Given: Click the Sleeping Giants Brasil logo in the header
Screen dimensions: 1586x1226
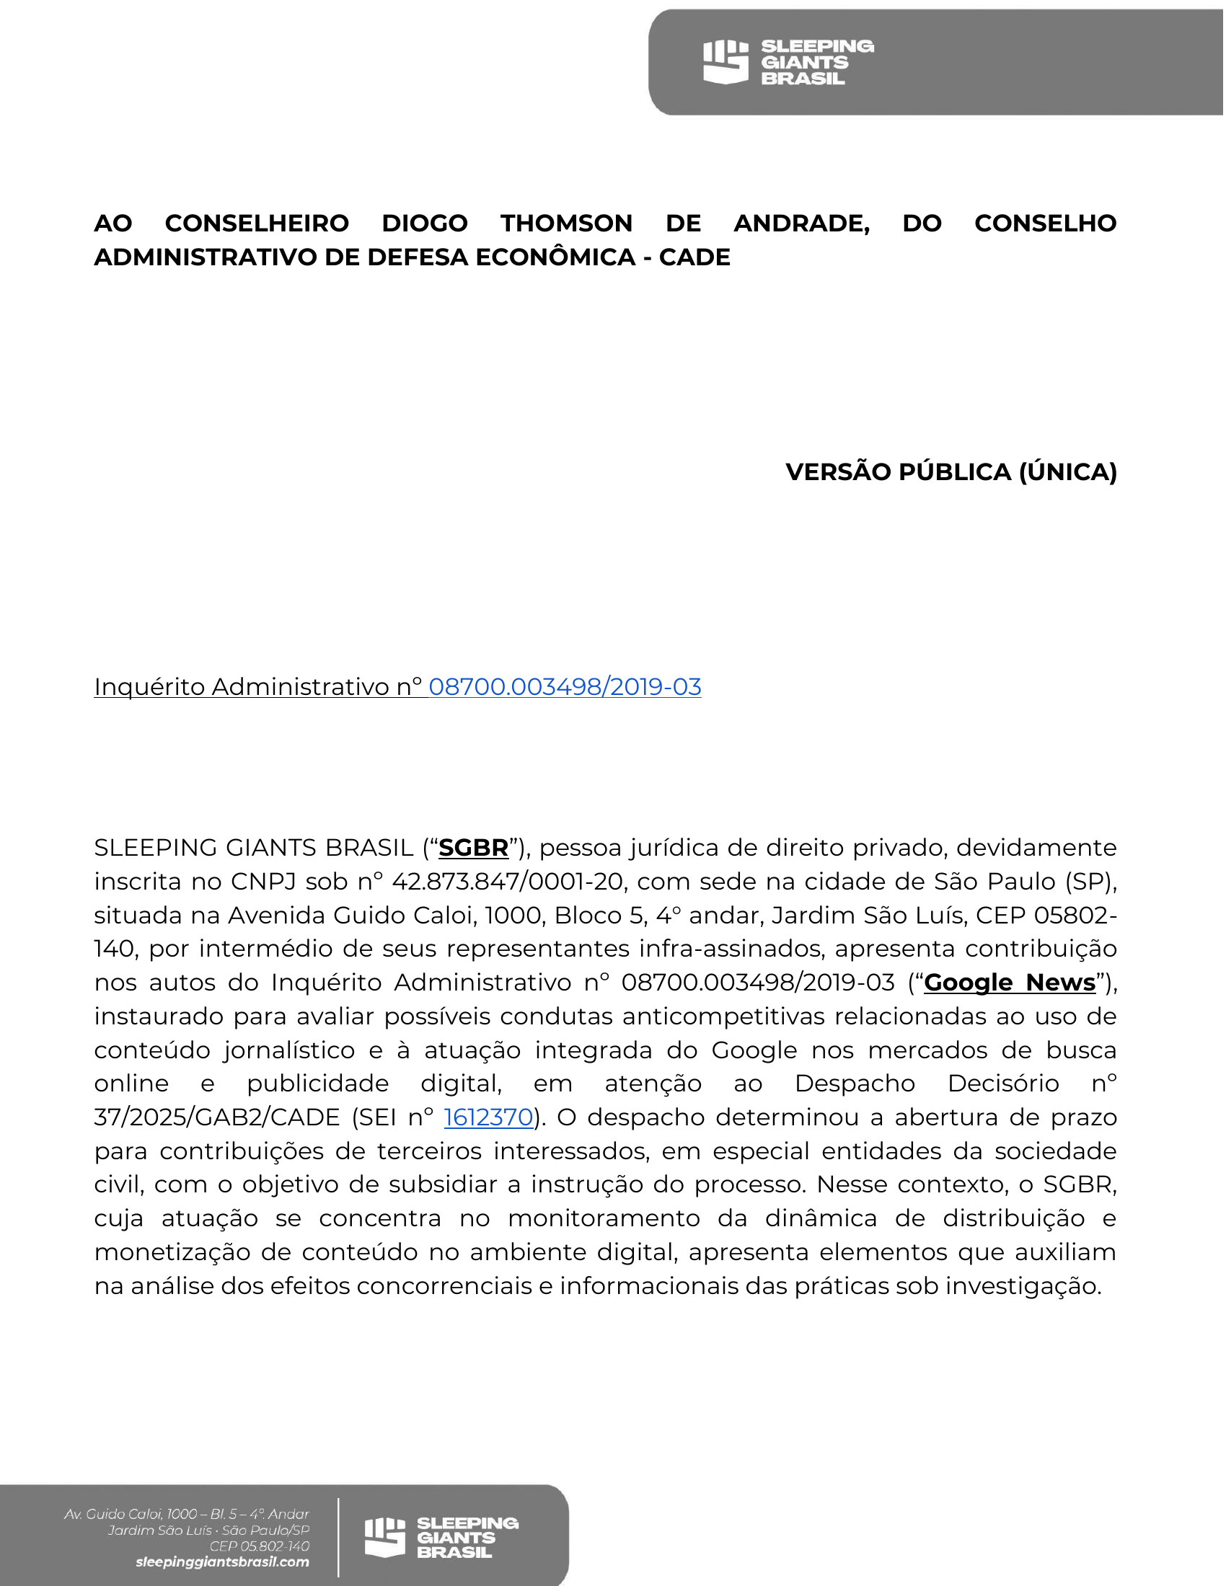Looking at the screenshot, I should pos(788,63).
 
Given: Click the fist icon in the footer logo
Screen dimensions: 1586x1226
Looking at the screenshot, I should pos(384,1538).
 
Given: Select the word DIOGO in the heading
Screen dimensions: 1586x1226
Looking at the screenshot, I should pos(425,223).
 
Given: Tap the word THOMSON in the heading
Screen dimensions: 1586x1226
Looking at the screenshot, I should pos(567,223).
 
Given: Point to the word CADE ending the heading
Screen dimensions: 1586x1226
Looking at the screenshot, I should pos(694,257).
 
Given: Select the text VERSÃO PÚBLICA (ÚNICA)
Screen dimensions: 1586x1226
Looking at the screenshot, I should pos(951,472).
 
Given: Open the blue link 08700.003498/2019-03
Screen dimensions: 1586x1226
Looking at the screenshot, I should pos(565,687).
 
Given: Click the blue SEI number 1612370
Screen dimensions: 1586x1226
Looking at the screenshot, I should pos(489,1117).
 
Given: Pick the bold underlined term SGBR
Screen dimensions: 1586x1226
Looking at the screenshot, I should pos(474,849).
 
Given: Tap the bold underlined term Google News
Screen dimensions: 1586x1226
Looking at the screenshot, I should pos(1010,983).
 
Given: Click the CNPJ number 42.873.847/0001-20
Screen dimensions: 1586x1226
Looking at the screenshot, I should pos(508,882).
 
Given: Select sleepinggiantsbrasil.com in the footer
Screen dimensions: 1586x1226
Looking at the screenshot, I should pos(222,1562).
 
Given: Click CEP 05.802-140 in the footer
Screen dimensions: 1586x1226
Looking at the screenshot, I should pos(260,1546).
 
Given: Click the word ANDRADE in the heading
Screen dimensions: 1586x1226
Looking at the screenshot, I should pos(802,223).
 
